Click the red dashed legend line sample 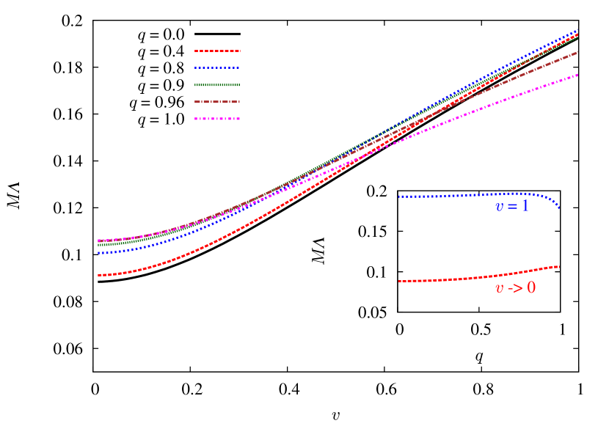pyautogui.click(x=217, y=51)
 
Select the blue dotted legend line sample pyautogui.click(x=217, y=68)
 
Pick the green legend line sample pyautogui.click(x=217, y=85)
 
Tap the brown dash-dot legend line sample pyautogui.click(x=217, y=102)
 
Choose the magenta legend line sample pyautogui.click(x=217, y=119)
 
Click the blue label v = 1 pyautogui.click(x=511, y=207)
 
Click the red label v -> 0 pyautogui.click(x=515, y=288)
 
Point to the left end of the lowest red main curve pyautogui.click(x=99, y=275)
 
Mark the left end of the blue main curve pyautogui.click(x=99, y=253)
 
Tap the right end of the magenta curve pyautogui.click(x=577, y=75)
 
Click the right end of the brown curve pyautogui.click(x=577, y=52)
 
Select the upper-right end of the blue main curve pyautogui.click(x=577, y=31)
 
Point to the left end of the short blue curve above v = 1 pyautogui.click(x=400, y=197)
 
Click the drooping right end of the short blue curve pyautogui.click(x=559, y=208)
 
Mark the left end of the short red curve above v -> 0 pyautogui.click(x=400, y=281)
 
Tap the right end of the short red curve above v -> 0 pyautogui.click(x=559, y=266)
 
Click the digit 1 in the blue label pyautogui.click(x=525, y=207)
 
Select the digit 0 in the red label pyautogui.click(x=530, y=288)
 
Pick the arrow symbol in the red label pyautogui.click(x=514, y=288)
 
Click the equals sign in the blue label pyautogui.click(x=512, y=208)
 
